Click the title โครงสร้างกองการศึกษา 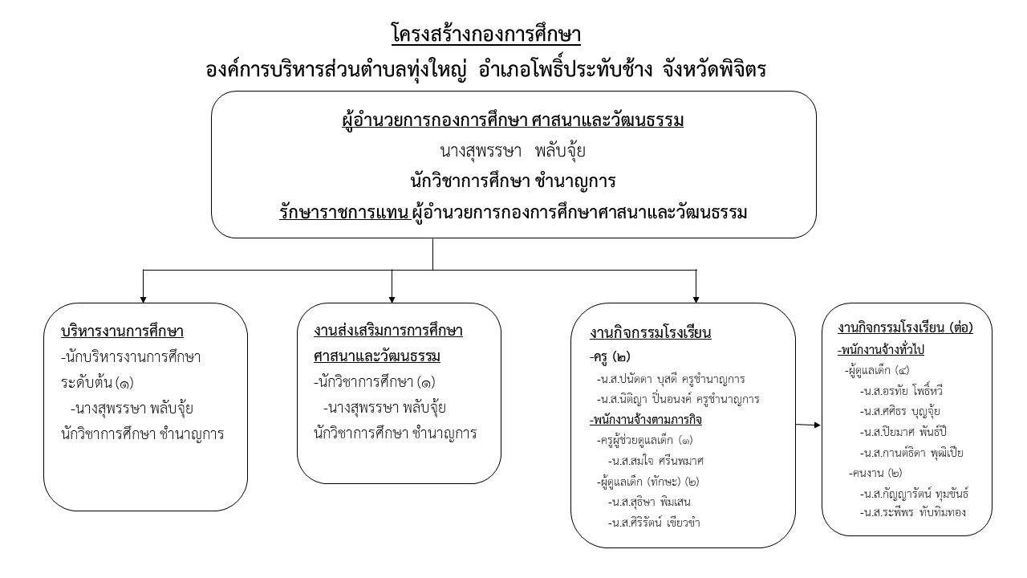(x=486, y=34)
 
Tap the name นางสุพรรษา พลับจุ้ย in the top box (x=513, y=151)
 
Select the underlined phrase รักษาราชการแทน (x=345, y=213)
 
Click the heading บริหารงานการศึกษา (x=122, y=331)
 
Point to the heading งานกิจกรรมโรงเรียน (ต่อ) (x=905, y=328)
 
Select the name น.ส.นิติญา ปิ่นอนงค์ (x=643, y=399)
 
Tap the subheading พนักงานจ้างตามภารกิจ (x=646, y=419)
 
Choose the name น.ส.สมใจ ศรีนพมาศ (x=656, y=461)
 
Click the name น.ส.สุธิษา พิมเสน (x=649, y=502)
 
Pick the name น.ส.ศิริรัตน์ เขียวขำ (x=654, y=522)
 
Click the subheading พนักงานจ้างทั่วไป (x=881, y=349)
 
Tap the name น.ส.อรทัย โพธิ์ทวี (x=901, y=391)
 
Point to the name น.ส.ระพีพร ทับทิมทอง (x=912, y=512)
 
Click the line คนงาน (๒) (x=875, y=473)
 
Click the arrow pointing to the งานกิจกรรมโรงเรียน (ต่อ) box (x=808, y=425)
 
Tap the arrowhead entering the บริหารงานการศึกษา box (x=143, y=299)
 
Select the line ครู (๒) (x=610, y=356)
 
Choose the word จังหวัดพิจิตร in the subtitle (x=714, y=70)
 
